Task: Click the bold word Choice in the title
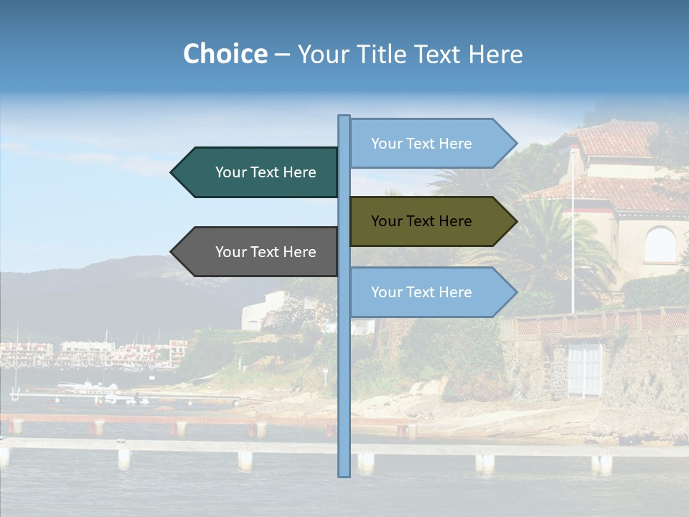click(x=225, y=54)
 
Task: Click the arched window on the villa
click(x=660, y=245)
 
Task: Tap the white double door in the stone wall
click(x=583, y=368)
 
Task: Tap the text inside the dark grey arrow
click(x=266, y=252)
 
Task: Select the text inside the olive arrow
click(x=421, y=221)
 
